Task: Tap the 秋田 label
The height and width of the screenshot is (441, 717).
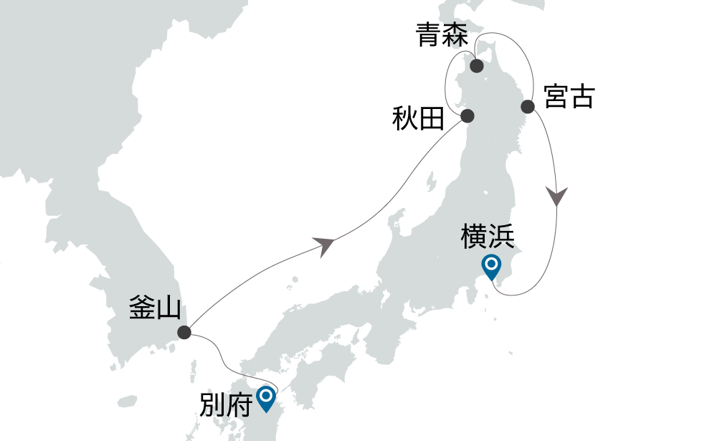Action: coord(419,118)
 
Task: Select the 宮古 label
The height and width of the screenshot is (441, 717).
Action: coord(569,97)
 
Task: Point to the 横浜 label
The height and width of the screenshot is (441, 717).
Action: coord(488,236)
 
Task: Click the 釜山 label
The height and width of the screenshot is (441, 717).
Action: coord(156,308)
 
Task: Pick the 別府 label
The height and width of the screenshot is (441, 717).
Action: coord(224,405)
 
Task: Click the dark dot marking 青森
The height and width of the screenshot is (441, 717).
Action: coord(476,67)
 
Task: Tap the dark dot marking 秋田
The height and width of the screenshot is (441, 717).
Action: coord(467,116)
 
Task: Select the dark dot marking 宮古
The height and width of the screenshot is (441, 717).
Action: coord(528,107)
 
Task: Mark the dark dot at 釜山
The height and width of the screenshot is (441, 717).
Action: coord(184,332)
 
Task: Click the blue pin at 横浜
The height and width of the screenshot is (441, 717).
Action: coord(491,267)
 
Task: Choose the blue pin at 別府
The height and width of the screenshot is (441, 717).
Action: coord(267,397)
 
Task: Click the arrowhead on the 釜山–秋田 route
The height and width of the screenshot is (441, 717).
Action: coord(326,246)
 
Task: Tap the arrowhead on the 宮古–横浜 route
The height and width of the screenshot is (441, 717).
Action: coord(557,196)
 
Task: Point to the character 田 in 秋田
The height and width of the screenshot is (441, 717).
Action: coord(432,118)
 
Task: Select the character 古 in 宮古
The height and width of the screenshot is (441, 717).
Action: coord(581,97)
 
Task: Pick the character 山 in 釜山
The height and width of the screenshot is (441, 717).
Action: coord(168,308)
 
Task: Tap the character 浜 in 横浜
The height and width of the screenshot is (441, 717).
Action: coord(500,236)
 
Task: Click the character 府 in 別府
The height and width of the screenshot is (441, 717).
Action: coord(237,405)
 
